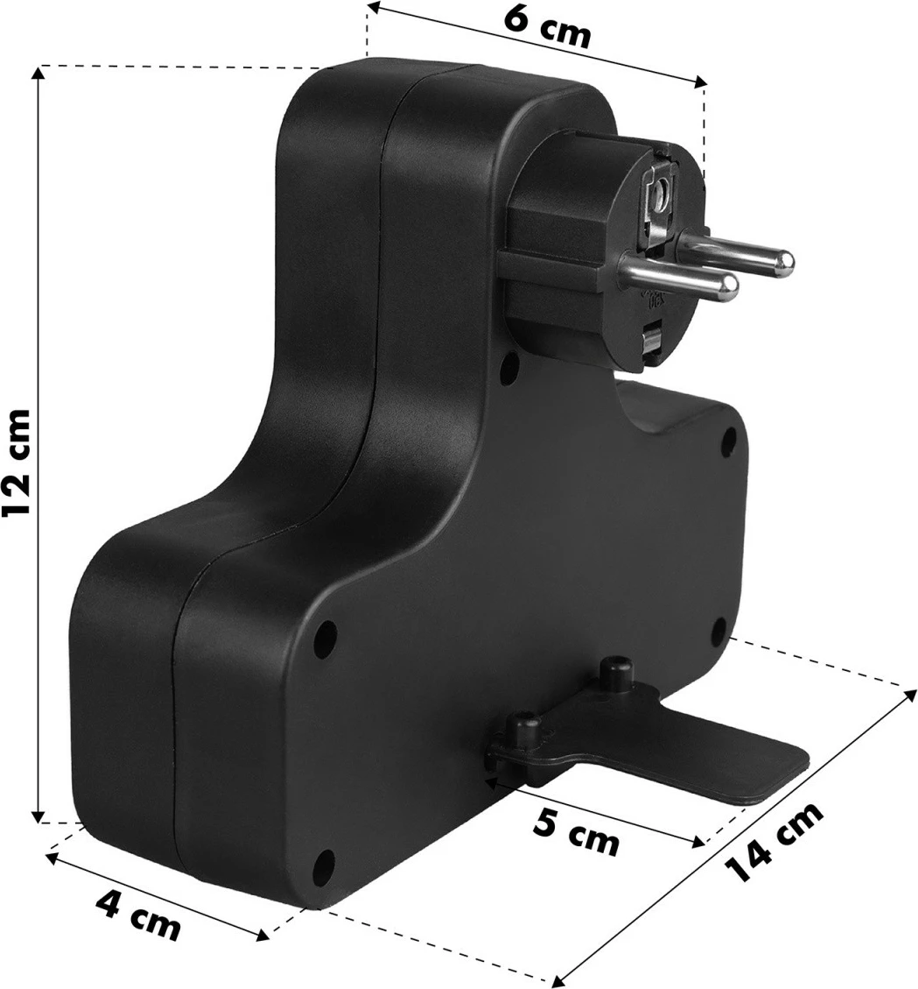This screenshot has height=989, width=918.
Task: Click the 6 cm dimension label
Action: click(548, 28)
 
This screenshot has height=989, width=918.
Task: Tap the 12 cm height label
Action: click(15, 463)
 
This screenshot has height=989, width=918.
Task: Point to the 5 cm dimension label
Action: click(576, 832)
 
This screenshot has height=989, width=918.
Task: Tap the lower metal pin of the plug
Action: click(677, 276)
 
